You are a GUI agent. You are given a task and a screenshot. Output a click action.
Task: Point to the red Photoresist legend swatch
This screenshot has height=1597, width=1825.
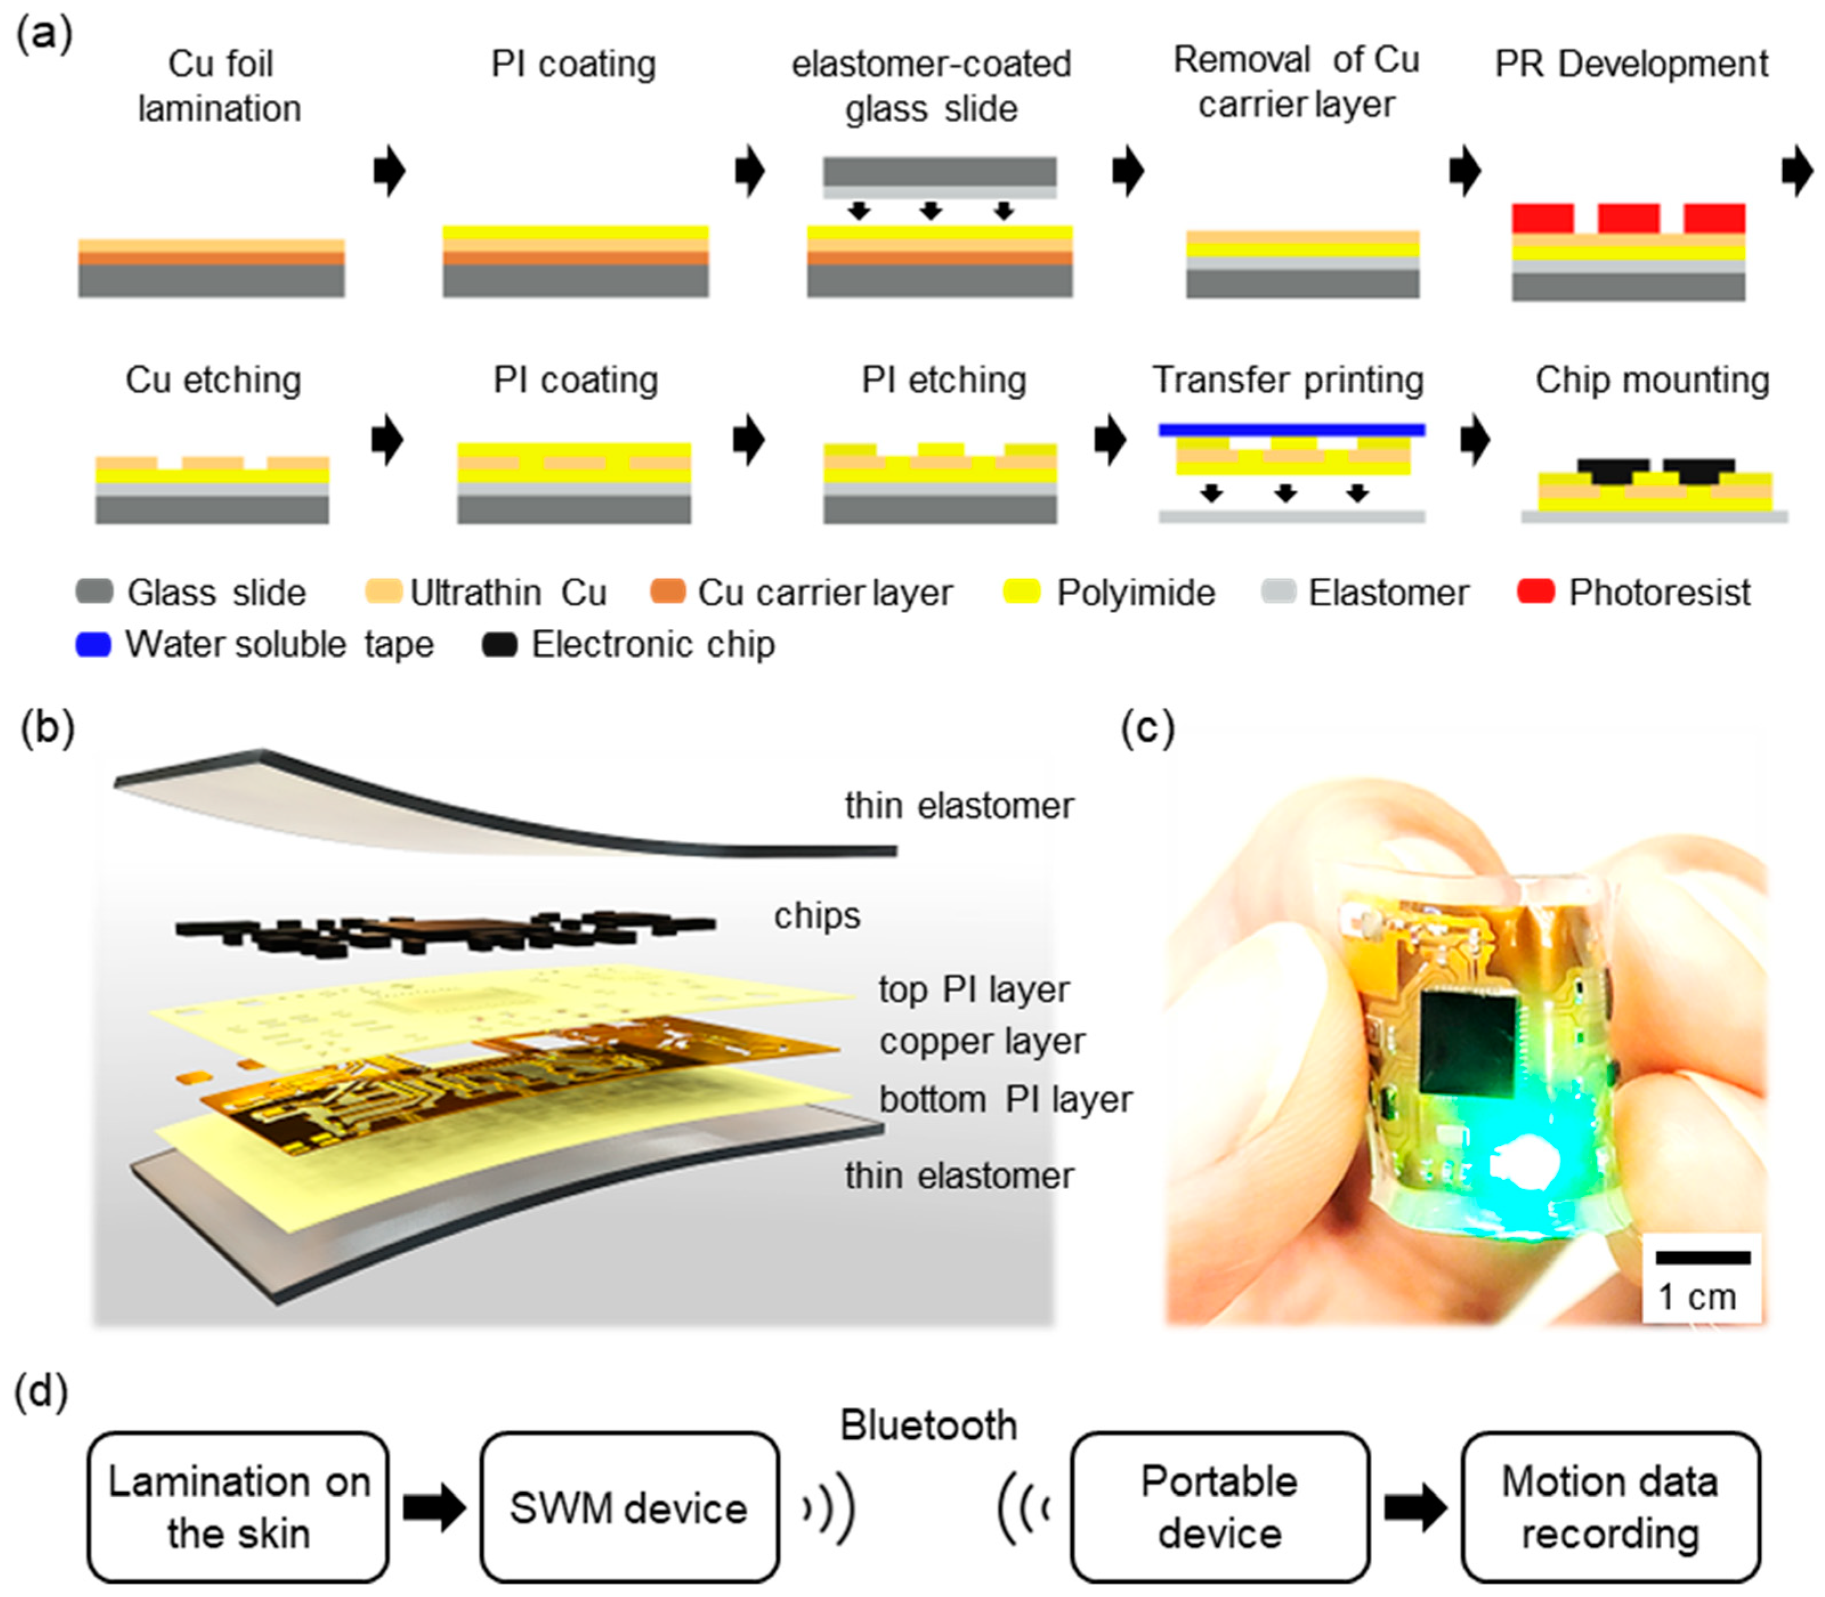[1535, 592]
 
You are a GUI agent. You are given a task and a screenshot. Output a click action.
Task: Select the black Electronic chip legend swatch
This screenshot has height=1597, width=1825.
[499, 645]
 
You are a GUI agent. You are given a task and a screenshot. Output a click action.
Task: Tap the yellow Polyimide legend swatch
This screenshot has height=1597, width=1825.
[1021, 592]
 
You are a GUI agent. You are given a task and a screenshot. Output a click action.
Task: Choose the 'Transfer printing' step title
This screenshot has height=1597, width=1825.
[1288, 380]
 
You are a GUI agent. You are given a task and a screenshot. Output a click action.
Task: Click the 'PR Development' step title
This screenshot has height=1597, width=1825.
[1631, 64]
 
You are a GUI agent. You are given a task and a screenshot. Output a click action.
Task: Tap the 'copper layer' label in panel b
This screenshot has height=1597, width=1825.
[982, 1041]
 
